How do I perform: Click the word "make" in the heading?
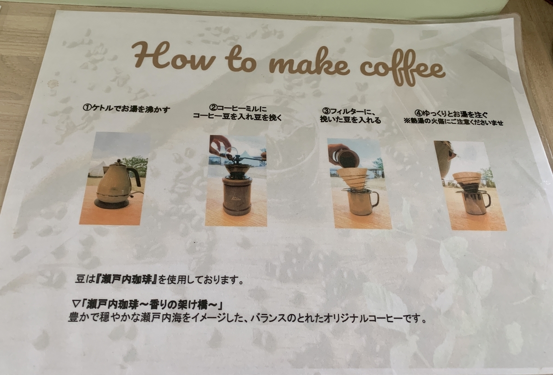coord(309,64)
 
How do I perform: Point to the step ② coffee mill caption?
coord(237,112)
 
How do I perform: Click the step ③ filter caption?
coord(351,115)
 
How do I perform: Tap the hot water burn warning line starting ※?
coord(453,123)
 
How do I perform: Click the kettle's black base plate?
coord(112,204)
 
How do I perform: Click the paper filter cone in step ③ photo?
coord(352,178)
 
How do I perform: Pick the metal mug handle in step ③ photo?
coord(375,199)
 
